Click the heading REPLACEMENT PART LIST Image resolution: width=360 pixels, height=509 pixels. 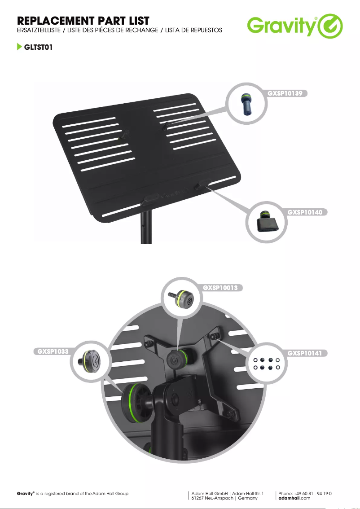[x=83, y=21]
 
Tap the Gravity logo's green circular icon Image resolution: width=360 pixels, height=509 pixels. [x=330, y=26]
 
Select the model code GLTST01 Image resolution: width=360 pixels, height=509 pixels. [x=38, y=47]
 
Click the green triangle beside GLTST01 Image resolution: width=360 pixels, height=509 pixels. [x=19, y=47]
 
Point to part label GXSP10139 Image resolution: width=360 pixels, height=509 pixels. [x=285, y=93]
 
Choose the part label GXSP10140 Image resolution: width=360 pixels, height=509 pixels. [x=305, y=212]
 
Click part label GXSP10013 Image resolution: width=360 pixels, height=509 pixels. [x=220, y=288]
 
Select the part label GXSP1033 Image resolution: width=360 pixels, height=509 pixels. [x=53, y=351]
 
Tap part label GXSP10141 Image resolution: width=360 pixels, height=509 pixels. [x=304, y=353]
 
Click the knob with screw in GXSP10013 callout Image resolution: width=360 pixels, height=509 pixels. [x=181, y=298]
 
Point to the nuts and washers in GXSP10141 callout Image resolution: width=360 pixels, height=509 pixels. [x=267, y=364]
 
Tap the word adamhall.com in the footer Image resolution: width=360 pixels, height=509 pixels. [x=294, y=498]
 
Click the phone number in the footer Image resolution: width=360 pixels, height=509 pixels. [x=305, y=493]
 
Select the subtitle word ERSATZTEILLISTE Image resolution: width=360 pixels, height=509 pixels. [x=39, y=30]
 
